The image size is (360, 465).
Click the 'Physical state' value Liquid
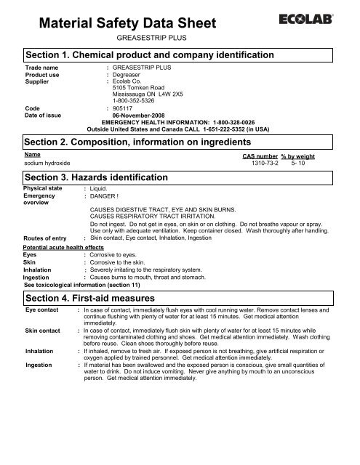101,189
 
